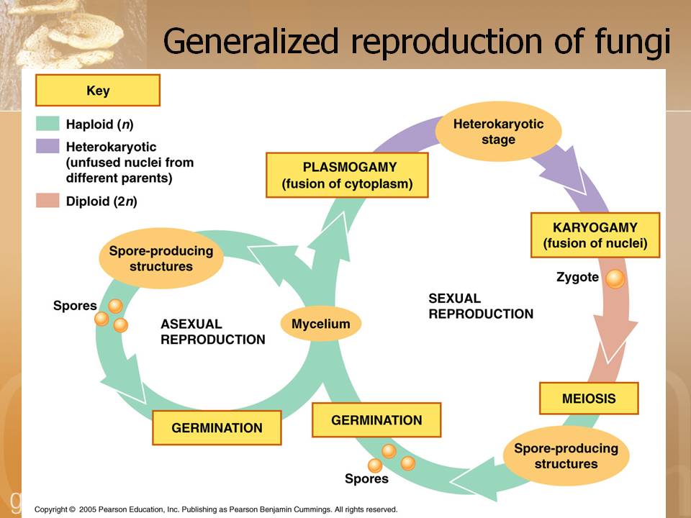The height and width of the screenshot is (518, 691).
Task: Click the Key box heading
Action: tap(97, 91)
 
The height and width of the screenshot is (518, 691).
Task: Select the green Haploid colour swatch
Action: tap(48, 124)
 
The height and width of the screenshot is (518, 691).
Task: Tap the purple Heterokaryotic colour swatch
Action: tap(48, 146)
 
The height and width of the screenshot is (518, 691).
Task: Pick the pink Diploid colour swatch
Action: tap(48, 201)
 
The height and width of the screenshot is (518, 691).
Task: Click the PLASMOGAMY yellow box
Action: tap(348, 176)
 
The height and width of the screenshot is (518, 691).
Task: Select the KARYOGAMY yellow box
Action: tap(595, 235)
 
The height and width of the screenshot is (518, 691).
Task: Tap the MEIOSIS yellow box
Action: tap(589, 398)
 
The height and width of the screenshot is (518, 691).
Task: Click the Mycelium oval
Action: tap(320, 324)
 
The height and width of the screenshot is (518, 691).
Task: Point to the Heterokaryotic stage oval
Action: tap(498, 132)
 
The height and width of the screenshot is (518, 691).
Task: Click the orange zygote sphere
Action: tap(615, 278)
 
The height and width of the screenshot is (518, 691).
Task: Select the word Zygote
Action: tap(578, 277)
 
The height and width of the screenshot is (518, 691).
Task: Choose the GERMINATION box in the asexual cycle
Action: tap(217, 428)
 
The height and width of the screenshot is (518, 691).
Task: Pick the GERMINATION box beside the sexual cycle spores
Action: tap(376, 420)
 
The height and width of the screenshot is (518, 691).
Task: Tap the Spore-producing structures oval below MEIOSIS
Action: tap(566, 456)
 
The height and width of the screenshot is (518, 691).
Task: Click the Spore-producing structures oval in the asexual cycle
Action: tap(161, 258)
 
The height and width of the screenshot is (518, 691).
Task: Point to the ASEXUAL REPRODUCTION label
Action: tap(212, 332)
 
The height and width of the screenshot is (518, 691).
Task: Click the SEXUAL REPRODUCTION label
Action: tap(481, 306)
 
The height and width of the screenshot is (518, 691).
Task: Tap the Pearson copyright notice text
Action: tap(216, 509)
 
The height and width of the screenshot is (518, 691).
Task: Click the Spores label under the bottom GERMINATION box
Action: tap(366, 478)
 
